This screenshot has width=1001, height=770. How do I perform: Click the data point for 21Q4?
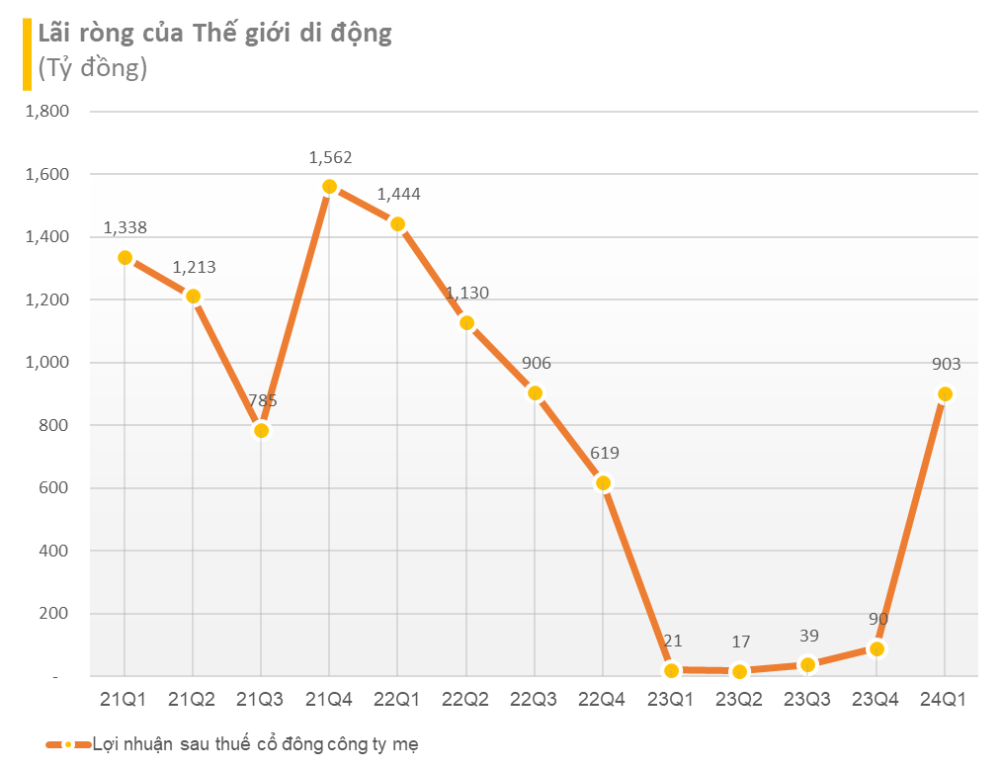pos(330,187)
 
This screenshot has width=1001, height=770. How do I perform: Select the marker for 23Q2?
pos(740,672)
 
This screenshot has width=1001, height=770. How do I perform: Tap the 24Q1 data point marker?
pos(945,394)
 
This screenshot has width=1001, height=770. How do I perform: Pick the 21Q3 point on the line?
pos(261,430)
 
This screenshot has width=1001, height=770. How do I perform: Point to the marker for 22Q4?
pos(604,482)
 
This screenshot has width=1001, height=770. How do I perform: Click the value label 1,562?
pos(330,157)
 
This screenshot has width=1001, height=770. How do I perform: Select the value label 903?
pos(946,364)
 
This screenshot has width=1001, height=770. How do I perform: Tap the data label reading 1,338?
pos(125,227)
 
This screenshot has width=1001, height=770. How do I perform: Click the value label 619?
pos(604,453)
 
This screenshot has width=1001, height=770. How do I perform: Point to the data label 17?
pos(740,642)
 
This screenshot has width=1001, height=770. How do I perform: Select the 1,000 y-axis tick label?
pos(46,363)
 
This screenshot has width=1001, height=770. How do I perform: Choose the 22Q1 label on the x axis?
pos(397,700)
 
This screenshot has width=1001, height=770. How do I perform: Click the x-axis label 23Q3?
pos(807,700)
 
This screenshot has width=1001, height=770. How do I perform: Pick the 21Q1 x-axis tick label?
pos(124,700)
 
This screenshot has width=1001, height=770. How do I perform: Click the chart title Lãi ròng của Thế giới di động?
pos(214,33)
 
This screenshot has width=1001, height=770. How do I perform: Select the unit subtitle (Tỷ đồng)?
pos(92,68)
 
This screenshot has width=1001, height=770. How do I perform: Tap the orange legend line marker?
pos(67,744)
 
